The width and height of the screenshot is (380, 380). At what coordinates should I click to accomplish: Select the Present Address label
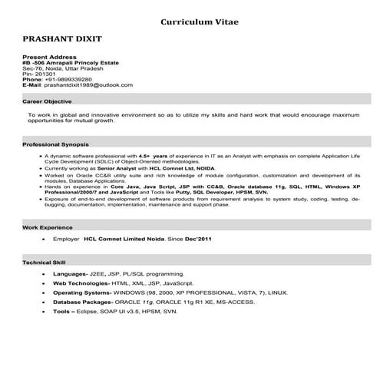click(x=50, y=58)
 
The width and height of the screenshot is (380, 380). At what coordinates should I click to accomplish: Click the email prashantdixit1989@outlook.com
click(x=88, y=84)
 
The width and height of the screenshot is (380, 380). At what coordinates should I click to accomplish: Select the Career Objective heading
click(x=48, y=101)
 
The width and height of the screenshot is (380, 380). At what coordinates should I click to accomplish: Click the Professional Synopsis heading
click(x=56, y=144)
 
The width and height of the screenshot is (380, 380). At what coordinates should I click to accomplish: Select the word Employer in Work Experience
click(x=65, y=240)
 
